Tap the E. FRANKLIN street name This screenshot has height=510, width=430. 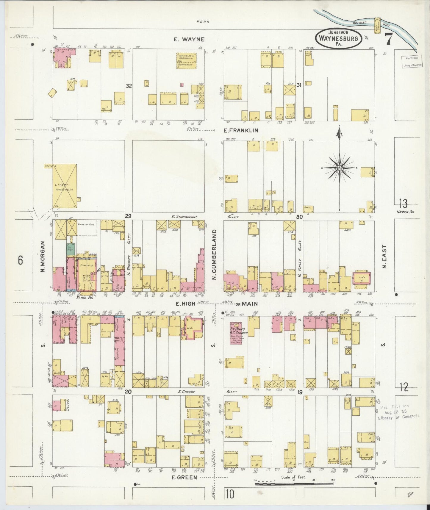point(241,130)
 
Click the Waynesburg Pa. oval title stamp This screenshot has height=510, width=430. point(339,38)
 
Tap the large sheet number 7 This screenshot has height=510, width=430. point(388,39)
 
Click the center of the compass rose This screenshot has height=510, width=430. point(339,168)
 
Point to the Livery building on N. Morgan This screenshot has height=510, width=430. point(65,186)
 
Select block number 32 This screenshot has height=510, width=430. point(129,86)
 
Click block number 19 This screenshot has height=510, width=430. point(299,392)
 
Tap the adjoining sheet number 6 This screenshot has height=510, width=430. point(20,260)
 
